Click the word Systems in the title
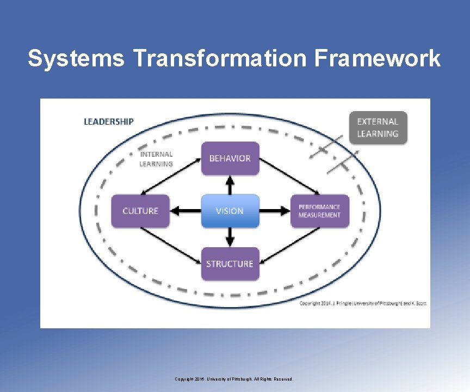76,58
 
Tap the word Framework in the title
377,58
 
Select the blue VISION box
230,211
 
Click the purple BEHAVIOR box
230,158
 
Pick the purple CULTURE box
140,211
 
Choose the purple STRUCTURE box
230,264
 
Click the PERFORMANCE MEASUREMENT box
319,211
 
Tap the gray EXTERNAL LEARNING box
378,127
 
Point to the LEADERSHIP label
108,121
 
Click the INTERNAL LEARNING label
156,159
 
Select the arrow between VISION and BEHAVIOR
230,185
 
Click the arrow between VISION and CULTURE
185,211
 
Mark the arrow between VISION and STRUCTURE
230,237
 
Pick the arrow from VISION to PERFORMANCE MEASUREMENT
275,211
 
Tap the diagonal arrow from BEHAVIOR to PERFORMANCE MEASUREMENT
289,175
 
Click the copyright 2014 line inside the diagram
363,303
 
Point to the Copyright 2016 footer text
234,379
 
